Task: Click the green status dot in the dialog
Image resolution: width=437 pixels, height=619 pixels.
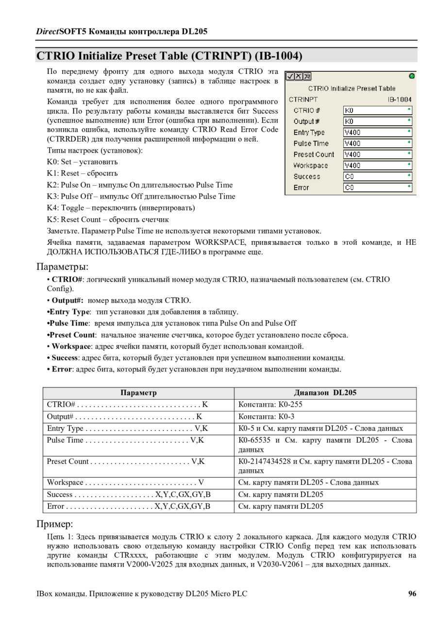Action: pos(412,76)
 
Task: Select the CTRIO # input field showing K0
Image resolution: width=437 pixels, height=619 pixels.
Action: pos(377,110)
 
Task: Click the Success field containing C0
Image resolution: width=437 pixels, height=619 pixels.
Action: pos(377,177)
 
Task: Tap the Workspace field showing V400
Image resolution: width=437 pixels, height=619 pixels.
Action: pos(377,166)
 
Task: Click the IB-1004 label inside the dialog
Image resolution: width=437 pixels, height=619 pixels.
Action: pos(399,99)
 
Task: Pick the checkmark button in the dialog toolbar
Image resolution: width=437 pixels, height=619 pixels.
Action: pos(290,76)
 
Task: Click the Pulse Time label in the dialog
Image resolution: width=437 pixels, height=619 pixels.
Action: pos(311,143)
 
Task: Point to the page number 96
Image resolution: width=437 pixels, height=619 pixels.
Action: pos(412,593)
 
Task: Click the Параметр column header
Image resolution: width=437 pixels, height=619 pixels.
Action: pos(138,393)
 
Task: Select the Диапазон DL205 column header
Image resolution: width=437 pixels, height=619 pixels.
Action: pos(325,393)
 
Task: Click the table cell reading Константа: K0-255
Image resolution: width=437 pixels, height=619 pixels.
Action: pos(270,404)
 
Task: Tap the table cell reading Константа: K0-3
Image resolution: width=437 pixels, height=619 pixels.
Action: pos(267,416)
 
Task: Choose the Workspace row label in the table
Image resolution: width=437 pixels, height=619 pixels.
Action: pos(66,482)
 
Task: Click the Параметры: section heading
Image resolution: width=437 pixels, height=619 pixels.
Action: pos(63,267)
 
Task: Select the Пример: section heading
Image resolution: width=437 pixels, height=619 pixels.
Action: pos(55,524)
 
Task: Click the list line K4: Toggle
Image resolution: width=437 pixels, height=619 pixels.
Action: pos(121,208)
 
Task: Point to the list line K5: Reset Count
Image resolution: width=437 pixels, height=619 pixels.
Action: pos(108,220)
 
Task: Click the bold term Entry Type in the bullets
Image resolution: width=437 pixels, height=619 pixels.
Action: pos(70,312)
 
